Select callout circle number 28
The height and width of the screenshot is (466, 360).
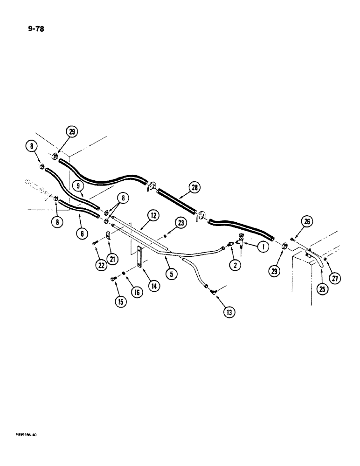pos(194,188)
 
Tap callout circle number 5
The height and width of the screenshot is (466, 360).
pos(171,274)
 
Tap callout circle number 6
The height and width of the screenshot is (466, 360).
pos(81,233)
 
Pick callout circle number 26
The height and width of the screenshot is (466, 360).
pos(307,222)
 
